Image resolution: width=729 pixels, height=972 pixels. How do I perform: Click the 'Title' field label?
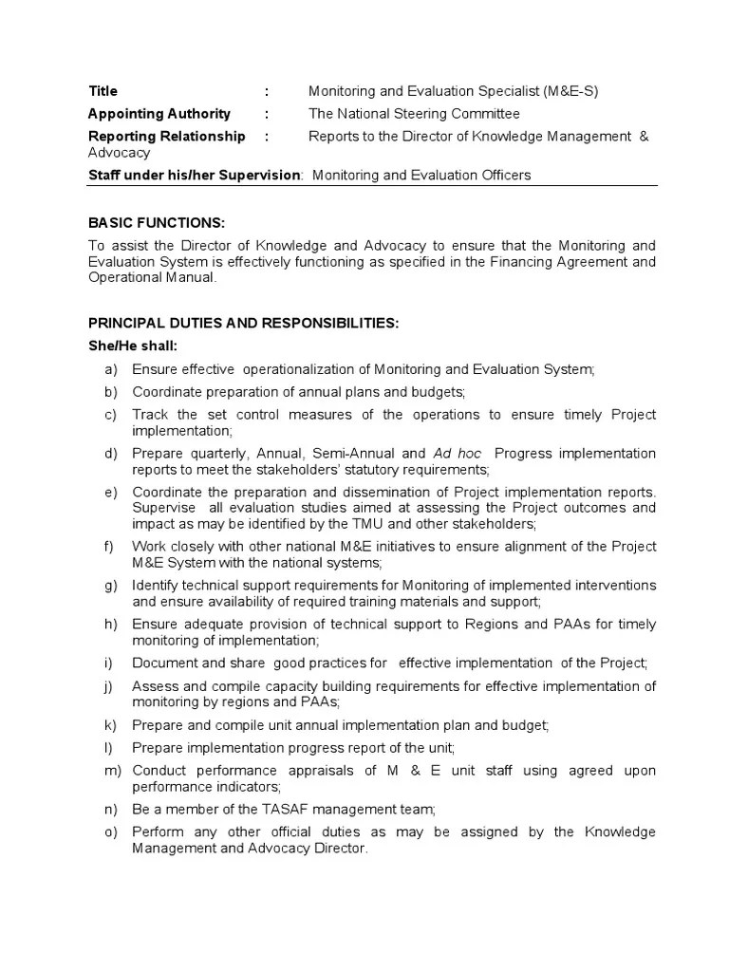point(103,91)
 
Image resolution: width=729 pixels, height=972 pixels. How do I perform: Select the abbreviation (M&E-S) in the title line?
point(571,91)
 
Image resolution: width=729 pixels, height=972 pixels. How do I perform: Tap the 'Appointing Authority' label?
point(159,114)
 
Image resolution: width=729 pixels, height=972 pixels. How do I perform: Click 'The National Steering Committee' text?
point(414,114)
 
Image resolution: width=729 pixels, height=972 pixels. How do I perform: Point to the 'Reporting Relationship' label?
point(166,137)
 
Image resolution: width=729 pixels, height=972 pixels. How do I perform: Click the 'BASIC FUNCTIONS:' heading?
point(157,223)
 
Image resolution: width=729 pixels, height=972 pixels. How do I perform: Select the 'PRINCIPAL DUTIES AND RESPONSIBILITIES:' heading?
point(244,324)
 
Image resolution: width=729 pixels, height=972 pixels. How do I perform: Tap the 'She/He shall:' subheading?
point(132,346)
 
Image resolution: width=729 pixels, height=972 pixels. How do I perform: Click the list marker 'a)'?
point(111,369)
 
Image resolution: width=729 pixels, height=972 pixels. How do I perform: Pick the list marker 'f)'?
point(110,547)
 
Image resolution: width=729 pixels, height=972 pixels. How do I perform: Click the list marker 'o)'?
point(111,832)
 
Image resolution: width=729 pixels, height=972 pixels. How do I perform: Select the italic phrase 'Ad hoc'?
point(459,454)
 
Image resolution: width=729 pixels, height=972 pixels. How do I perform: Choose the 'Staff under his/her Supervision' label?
point(194,175)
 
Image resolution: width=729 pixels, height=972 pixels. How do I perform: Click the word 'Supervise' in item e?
point(160,508)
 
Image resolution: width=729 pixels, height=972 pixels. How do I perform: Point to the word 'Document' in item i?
point(161,663)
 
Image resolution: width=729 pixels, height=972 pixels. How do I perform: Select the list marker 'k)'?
point(110,725)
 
